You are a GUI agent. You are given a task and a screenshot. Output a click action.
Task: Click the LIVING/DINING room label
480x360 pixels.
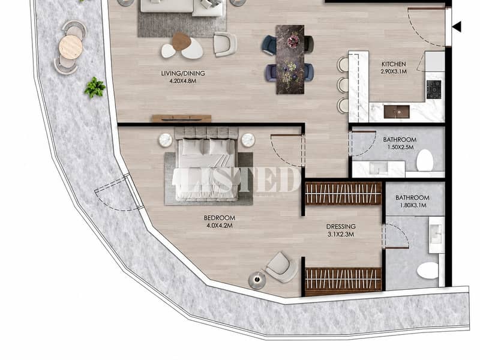coord(183,73)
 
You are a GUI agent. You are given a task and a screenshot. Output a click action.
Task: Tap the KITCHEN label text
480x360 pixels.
coord(394,64)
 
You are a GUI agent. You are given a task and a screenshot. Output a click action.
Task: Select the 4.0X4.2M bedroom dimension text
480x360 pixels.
coord(220,226)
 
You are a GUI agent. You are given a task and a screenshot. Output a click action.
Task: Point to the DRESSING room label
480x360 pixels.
coord(341,227)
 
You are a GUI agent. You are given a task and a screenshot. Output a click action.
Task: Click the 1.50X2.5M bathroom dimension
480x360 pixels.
coord(400,147)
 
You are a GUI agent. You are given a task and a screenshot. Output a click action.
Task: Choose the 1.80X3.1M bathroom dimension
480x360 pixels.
coord(413,205)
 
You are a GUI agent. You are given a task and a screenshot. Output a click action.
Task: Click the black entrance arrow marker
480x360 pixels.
coord(457,27)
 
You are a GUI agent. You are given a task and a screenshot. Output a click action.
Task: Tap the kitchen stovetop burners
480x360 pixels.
coord(434,89)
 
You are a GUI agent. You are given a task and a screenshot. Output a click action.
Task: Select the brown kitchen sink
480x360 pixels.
coord(397,112)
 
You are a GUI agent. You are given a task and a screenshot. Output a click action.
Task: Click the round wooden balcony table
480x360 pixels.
coord(71,47)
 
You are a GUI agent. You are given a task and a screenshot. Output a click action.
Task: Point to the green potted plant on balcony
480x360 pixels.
coord(95,88)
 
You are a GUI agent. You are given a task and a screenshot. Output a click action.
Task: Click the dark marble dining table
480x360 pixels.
coord(290,59)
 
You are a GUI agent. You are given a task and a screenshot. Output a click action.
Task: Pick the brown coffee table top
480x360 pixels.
coord(182,41)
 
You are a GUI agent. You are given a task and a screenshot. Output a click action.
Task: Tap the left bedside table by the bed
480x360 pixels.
coord(166,140)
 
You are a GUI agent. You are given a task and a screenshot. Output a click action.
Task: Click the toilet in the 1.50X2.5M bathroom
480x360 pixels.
coord(425,160)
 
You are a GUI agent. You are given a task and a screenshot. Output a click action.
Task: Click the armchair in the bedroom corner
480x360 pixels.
coord(281,267)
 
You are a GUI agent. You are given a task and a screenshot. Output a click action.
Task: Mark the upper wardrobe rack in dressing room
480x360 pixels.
coord(343,193)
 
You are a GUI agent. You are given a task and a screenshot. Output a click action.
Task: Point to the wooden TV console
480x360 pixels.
coord(182,118)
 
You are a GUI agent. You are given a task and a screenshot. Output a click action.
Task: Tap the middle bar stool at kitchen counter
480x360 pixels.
coord(343,85)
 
